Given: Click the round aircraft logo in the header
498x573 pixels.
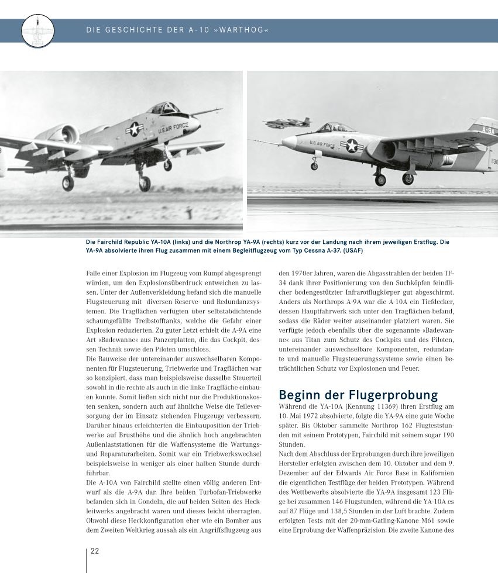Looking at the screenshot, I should pos(37,31).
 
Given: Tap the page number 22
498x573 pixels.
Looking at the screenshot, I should pos(95,551).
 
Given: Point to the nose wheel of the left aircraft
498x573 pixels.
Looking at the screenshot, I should pos(168,165).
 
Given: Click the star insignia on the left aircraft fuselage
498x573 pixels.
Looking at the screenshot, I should pos(134,128).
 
